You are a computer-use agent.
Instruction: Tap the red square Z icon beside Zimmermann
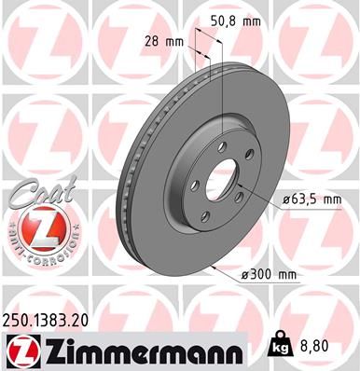point(21,350)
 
